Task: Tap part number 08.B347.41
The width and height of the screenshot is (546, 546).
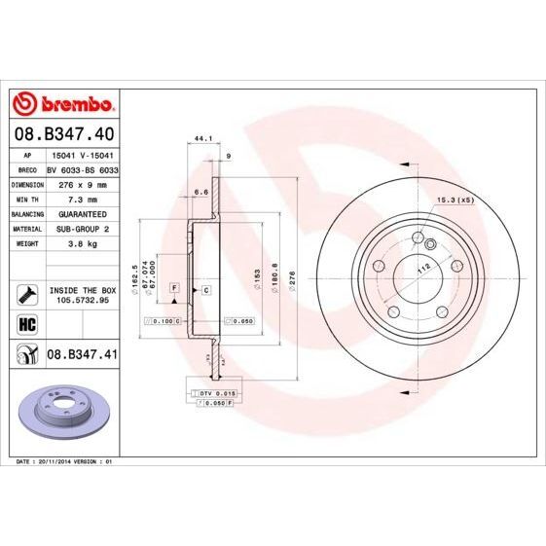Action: [x=82, y=355]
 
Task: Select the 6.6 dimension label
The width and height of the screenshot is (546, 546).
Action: [x=201, y=193]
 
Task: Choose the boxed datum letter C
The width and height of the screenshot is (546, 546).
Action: [x=206, y=290]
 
